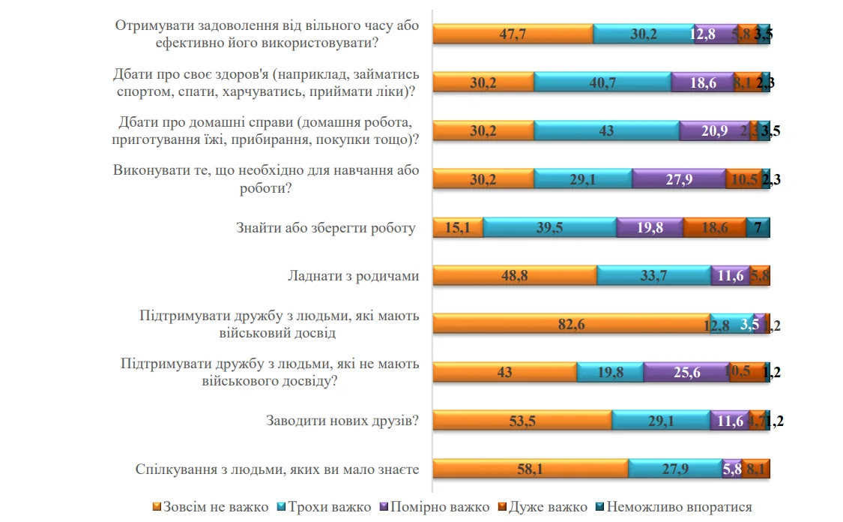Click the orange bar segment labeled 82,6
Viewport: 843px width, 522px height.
tap(571, 323)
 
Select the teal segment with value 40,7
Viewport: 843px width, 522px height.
tap(602, 82)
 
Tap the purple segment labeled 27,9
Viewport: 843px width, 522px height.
tap(678, 178)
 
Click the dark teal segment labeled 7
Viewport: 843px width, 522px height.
tap(758, 227)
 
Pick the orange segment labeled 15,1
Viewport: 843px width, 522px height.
tap(458, 227)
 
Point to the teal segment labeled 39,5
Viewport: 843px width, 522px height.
tap(549, 227)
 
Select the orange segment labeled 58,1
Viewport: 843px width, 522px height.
tap(531, 469)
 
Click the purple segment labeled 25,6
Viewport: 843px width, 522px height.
tap(686, 372)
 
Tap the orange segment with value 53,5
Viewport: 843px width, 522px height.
tap(522, 421)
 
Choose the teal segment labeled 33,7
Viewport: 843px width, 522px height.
tap(653, 275)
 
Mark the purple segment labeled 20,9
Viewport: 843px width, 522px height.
tap(713, 130)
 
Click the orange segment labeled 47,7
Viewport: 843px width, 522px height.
tap(513, 34)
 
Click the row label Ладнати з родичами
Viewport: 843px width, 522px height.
tap(353, 276)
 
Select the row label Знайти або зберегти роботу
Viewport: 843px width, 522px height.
tap(326, 228)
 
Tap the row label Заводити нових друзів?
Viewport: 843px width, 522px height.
tap(342, 421)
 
